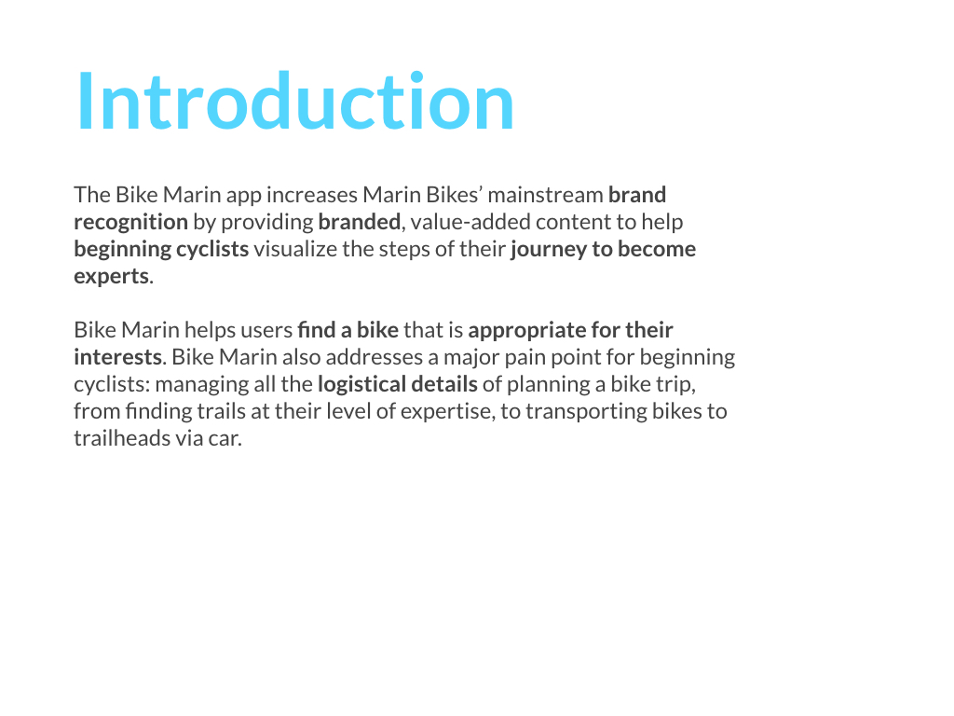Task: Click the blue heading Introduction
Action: (x=295, y=101)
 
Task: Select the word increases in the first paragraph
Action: (x=312, y=195)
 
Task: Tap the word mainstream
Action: (x=545, y=195)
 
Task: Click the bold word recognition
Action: (x=130, y=223)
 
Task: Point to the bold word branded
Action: (x=360, y=222)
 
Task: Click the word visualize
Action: (x=295, y=249)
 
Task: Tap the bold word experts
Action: (x=112, y=277)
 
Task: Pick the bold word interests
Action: (x=118, y=357)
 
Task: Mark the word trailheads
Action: (x=113, y=438)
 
